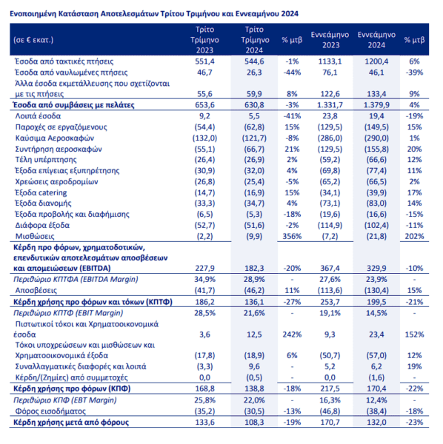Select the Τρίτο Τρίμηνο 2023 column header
click(x=204, y=40)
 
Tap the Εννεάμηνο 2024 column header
click(x=376, y=40)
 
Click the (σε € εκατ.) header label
click(x=33, y=40)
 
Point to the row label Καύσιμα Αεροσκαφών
click(x=54, y=138)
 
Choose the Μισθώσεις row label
click(x=35, y=236)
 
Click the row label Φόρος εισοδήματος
click(x=50, y=411)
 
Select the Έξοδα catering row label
click(x=41, y=192)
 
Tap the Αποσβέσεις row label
click(x=36, y=290)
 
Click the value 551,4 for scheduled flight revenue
click(x=204, y=61)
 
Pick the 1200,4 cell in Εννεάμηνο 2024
click(x=376, y=61)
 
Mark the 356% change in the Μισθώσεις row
click(x=292, y=236)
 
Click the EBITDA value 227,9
click(x=204, y=268)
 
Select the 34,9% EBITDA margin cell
click(x=204, y=280)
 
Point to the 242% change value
click(x=292, y=334)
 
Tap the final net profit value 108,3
click(x=254, y=423)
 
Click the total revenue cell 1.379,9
click(x=376, y=105)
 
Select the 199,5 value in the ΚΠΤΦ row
click(x=376, y=302)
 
